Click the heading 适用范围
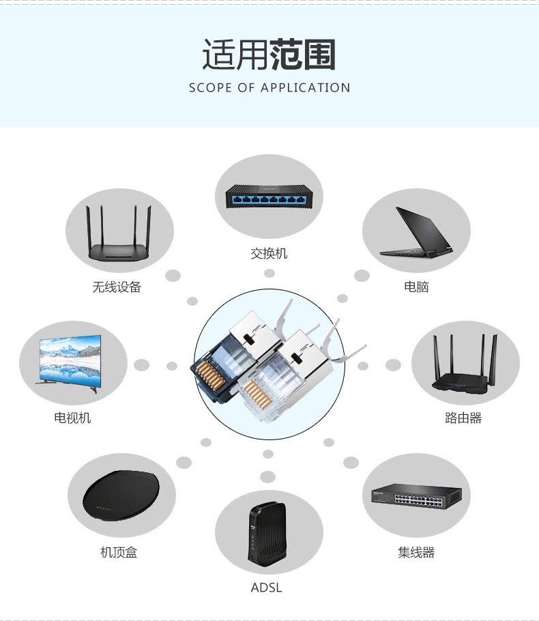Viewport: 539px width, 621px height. tap(269, 55)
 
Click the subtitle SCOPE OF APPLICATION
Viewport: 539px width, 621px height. tap(269, 87)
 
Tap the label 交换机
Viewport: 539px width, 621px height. tap(269, 253)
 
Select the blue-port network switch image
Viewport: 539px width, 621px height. tap(269, 198)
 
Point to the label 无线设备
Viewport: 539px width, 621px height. tap(117, 287)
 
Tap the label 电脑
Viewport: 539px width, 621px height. tap(416, 287)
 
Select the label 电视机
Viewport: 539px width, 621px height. tap(72, 418)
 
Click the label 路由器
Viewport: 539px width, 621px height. tap(463, 418)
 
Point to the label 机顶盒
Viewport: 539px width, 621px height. tap(119, 552)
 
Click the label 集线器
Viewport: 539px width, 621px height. tap(416, 552)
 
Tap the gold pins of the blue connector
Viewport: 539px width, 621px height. tap(207, 375)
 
